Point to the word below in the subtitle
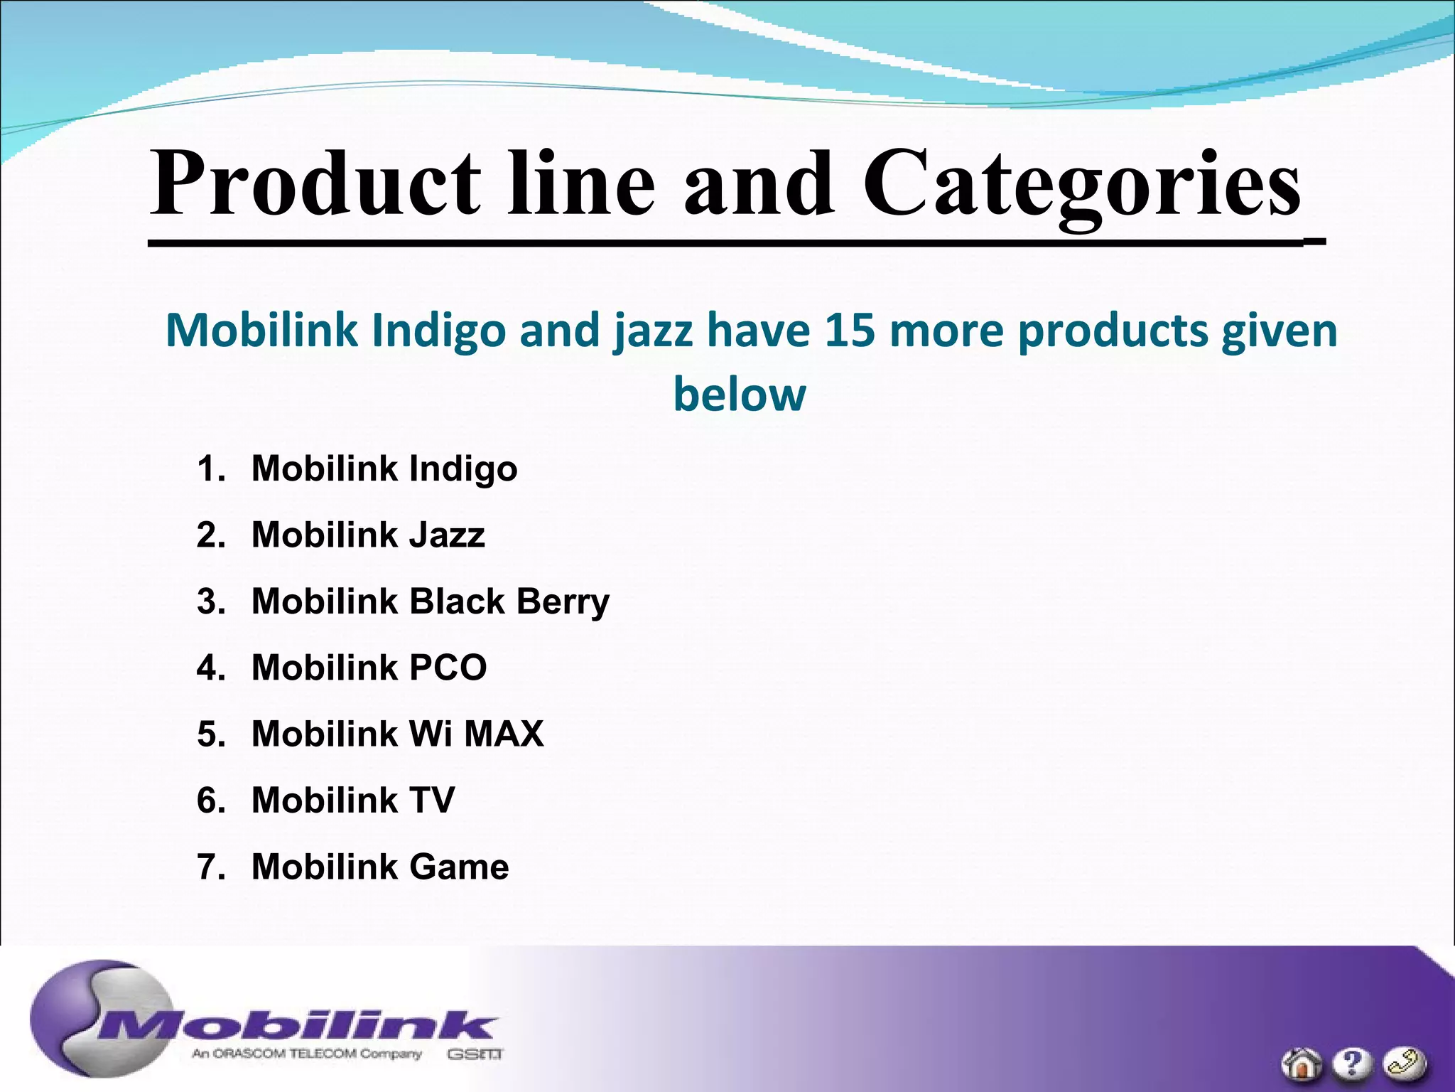740,395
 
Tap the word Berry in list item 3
563,602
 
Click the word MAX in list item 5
504,734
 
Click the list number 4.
210,668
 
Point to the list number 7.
210,867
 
